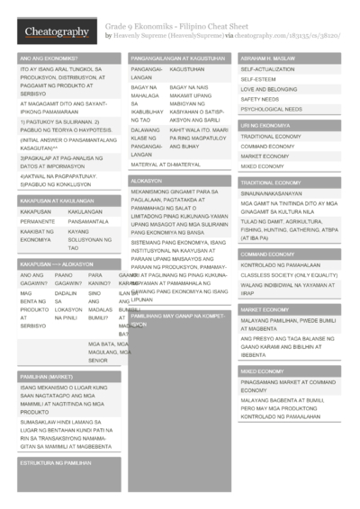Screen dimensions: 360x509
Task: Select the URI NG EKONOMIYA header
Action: click(265, 125)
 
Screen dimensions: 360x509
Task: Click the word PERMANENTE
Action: click(38, 221)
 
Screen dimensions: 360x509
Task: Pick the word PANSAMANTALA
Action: click(88, 221)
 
